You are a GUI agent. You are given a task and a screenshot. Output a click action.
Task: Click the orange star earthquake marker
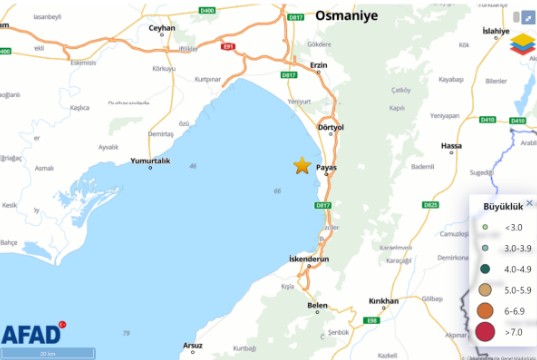point(301,166)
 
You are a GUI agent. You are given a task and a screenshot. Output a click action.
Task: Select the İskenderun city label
point(308,258)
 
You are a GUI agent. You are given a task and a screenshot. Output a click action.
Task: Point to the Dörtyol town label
point(330,128)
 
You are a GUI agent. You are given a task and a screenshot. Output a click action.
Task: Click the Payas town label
point(327,167)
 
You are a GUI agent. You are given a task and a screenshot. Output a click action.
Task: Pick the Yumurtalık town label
point(150,161)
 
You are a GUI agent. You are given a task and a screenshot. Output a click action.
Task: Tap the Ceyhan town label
point(161,28)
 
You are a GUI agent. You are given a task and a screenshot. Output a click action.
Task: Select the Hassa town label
point(452,146)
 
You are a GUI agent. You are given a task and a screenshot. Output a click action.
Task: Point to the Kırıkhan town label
point(384,301)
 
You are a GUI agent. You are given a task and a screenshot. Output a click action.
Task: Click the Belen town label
point(317,305)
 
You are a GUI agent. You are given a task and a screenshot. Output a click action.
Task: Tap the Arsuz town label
point(192,346)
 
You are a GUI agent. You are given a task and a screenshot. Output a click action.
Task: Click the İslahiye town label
point(496,32)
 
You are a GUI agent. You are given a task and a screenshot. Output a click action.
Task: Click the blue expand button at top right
point(527,17)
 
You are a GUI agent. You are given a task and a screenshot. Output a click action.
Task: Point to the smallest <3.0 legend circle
point(484,227)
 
